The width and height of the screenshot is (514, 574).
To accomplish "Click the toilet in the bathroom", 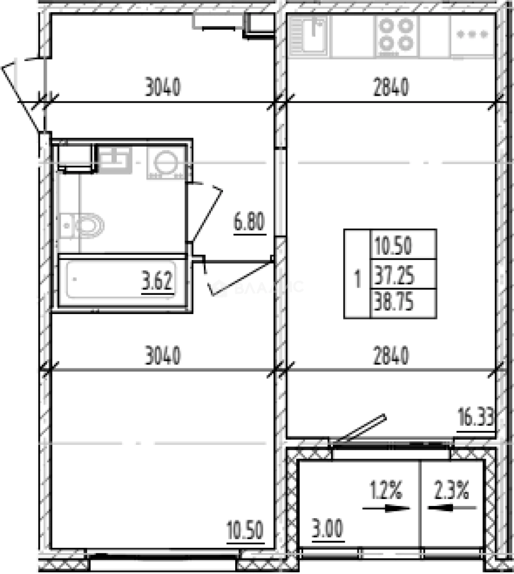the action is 81,225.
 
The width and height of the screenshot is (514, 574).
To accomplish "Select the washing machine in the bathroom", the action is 166,163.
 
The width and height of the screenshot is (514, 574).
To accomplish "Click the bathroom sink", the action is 115,159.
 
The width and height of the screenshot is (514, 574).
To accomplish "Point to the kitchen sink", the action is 309,36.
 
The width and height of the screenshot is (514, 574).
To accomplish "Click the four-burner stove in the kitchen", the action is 397,36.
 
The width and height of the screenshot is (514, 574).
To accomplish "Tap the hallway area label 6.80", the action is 250,222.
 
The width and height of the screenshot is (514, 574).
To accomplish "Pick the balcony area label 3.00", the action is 328,529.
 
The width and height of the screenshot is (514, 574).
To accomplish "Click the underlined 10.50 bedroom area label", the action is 245,530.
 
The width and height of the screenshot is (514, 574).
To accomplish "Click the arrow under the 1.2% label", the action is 387,508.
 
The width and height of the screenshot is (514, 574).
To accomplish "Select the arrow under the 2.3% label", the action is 452,508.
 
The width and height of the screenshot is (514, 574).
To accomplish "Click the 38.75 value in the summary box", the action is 393,303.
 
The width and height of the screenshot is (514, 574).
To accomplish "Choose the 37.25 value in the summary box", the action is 393,275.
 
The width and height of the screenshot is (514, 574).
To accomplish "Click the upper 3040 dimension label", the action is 163,87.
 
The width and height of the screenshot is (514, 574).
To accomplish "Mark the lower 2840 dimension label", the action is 391,356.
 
